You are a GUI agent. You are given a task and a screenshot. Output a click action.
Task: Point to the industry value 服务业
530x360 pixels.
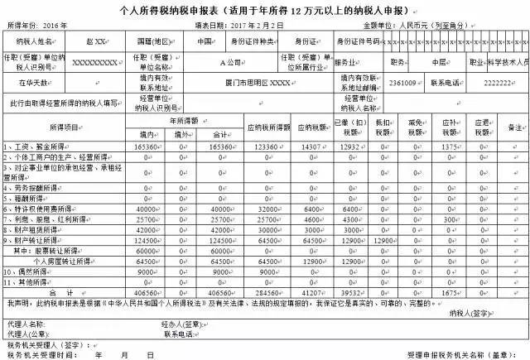[x=344, y=62]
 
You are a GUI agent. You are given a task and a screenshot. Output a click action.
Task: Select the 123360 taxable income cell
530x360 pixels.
[x=269, y=145]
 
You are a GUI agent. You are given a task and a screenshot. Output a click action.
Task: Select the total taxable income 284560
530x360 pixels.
[x=269, y=292]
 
